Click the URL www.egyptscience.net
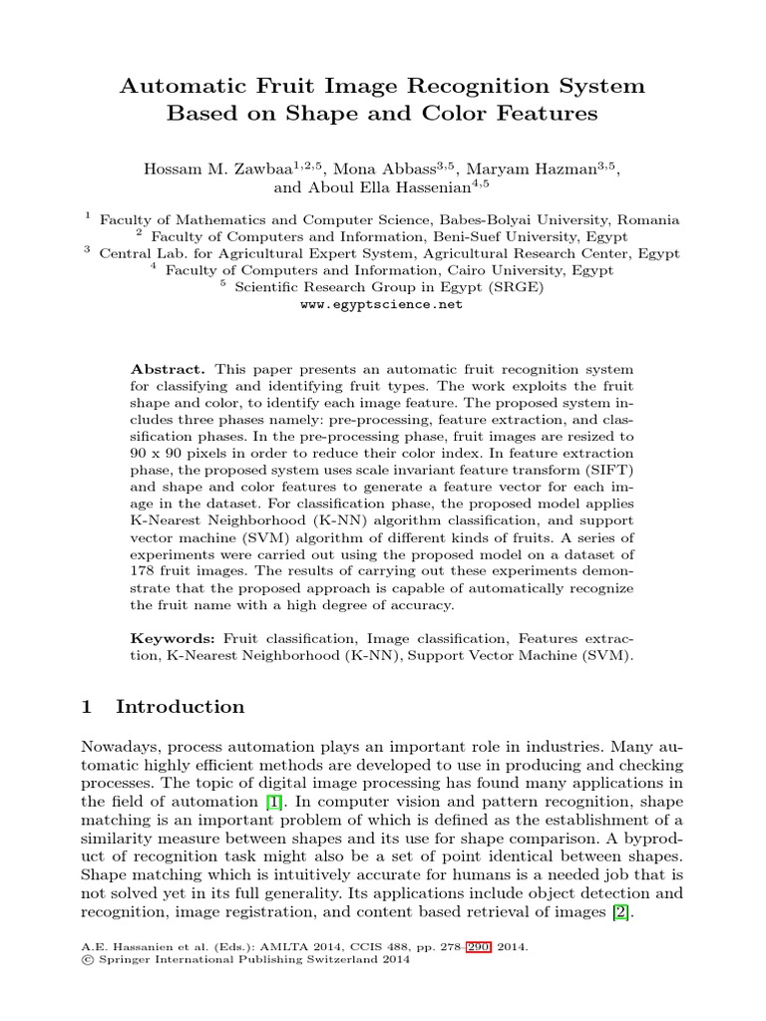382,305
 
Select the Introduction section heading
180,707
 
